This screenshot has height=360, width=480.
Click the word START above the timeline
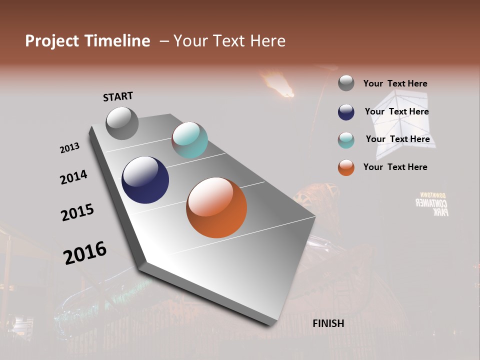click(118, 96)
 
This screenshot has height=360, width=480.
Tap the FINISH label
click(328, 323)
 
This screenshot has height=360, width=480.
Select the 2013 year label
click(69, 148)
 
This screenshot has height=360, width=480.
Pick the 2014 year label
click(73, 177)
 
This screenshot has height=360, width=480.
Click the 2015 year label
click(77, 212)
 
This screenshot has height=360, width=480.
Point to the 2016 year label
click(85, 252)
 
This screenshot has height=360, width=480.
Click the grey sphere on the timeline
click(122, 123)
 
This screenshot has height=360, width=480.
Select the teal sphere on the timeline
click(189, 140)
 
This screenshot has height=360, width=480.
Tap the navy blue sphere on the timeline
click(145, 180)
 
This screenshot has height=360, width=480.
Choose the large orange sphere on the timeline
click(216, 207)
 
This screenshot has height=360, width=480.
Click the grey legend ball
click(346, 83)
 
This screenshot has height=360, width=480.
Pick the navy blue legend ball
click(346, 112)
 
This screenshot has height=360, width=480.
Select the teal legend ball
click(346, 140)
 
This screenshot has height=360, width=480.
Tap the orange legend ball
click(346, 167)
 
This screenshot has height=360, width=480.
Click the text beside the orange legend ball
click(395, 167)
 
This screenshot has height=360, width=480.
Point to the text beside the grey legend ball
click(395, 83)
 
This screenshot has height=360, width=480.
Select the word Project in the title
click(52, 41)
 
